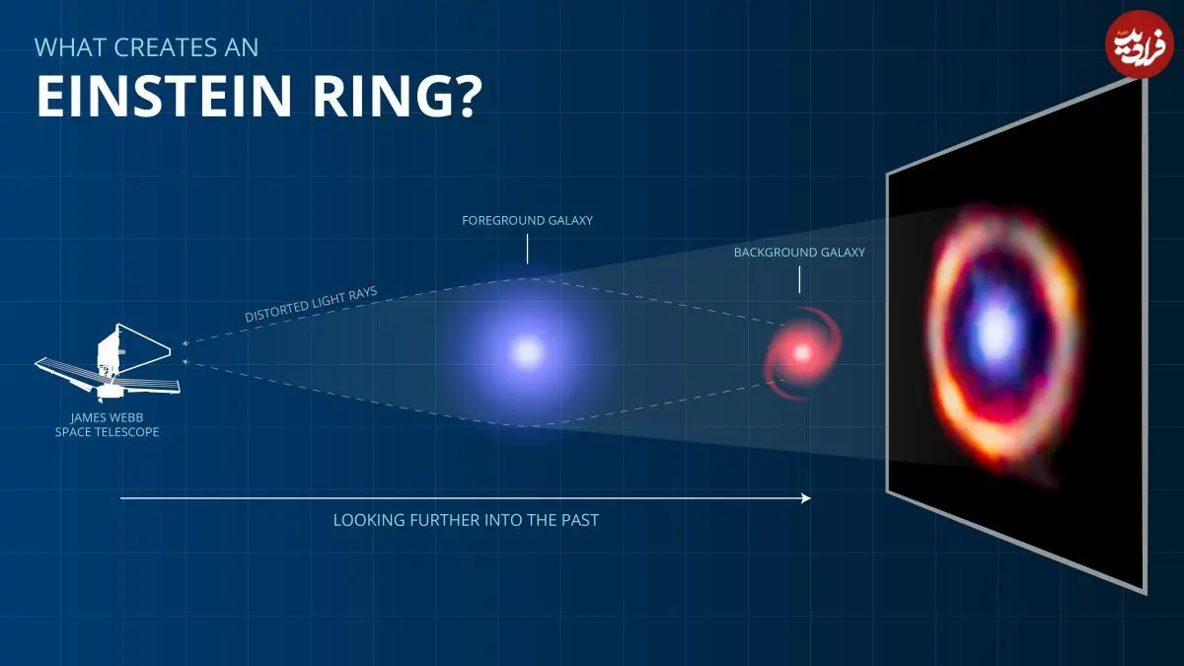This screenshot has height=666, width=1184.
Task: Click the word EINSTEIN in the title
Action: pos(164,96)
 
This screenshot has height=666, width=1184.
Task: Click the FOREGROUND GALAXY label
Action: pos(527,220)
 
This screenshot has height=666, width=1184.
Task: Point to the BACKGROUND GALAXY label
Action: pos(799,253)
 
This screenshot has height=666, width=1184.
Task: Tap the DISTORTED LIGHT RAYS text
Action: pos(311,304)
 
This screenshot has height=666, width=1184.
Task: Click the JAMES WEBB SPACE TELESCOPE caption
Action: pos(107,424)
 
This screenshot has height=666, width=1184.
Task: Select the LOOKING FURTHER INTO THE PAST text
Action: pos(466,520)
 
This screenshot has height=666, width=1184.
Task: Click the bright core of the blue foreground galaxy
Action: pos(527,352)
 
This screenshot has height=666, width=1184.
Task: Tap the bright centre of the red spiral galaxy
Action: pos(802,352)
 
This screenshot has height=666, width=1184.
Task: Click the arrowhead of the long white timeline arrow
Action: pos(806,498)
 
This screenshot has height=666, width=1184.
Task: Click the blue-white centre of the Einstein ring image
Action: pos(996,332)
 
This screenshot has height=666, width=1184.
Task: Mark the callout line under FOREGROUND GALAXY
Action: pos(527,249)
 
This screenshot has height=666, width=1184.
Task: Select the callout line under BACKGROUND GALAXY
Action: pos(799,279)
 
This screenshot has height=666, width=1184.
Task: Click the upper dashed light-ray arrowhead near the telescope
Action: pos(185,343)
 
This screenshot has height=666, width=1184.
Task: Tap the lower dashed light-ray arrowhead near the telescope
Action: pos(185,361)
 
